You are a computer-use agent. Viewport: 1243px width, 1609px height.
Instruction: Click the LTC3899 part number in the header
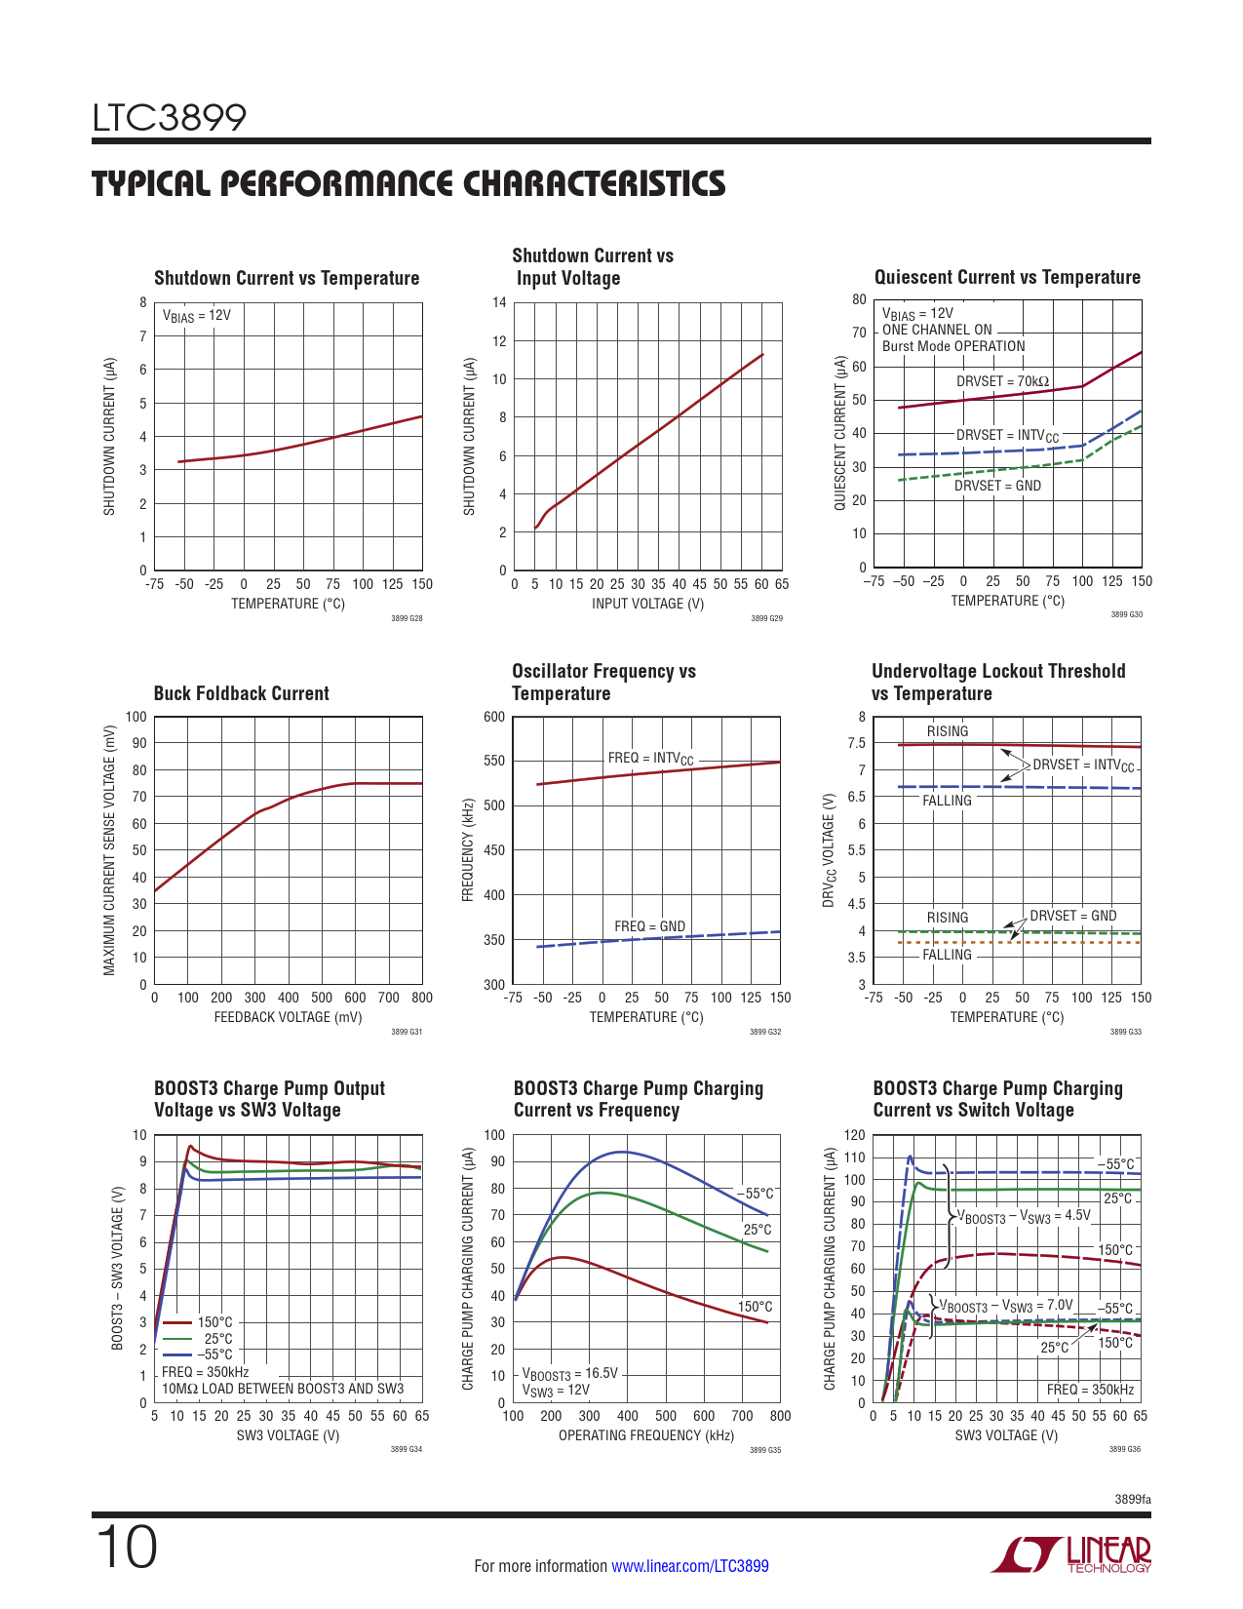(170, 118)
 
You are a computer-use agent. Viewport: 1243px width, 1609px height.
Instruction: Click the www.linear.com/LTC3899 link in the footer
(689, 1566)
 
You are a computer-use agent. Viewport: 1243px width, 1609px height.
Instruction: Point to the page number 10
(126, 1548)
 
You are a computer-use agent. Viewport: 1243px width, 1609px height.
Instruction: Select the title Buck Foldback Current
(242, 693)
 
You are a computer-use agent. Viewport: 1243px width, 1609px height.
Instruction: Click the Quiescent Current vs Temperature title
(1007, 278)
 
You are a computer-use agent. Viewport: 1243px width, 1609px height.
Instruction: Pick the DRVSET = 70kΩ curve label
(1002, 381)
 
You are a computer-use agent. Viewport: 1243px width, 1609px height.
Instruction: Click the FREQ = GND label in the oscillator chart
(649, 926)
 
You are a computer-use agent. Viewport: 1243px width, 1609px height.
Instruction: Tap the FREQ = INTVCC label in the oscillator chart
(650, 759)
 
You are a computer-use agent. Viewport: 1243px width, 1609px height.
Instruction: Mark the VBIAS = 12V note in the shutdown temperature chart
(197, 316)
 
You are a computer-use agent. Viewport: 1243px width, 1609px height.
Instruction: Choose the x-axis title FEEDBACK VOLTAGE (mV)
(288, 1017)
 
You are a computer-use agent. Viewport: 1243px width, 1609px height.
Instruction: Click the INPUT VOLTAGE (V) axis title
(647, 604)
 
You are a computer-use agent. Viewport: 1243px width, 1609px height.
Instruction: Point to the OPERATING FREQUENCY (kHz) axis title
(645, 1435)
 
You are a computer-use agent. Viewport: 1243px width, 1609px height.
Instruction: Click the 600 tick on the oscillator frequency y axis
(494, 717)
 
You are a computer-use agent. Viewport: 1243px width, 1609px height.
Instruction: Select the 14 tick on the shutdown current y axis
(499, 302)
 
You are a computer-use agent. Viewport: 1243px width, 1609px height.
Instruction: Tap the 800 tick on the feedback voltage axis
(422, 998)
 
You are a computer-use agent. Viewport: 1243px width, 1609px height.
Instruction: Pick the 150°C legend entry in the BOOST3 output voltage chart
(214, 1322)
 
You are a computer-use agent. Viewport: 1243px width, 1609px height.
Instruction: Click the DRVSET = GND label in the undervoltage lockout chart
(1072, 916)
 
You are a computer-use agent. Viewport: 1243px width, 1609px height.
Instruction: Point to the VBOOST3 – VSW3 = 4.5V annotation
(1024, 1216)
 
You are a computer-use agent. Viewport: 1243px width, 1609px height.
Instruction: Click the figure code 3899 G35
(765, 1450)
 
